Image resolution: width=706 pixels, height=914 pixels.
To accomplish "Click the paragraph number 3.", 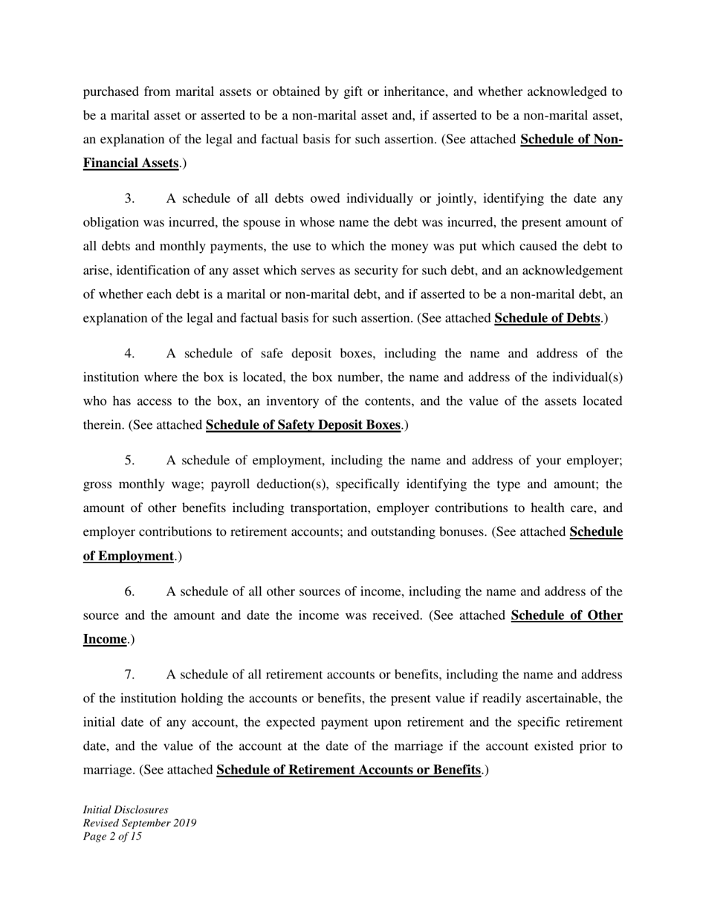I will (129, 198).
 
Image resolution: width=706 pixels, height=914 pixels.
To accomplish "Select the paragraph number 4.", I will (129, 353).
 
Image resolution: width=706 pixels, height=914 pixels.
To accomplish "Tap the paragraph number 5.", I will (129, 460).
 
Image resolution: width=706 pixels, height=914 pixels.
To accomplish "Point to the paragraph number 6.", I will (129, 591).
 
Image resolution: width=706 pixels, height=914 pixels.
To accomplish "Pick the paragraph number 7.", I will (129, 674).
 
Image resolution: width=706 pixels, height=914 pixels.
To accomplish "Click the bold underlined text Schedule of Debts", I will (547, 318).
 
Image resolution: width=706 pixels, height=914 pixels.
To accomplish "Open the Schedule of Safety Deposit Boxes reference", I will (303, 425).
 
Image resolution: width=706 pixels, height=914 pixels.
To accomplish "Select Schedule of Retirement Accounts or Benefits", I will (349, 770).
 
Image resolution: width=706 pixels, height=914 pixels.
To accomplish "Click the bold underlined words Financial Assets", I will (130, 163).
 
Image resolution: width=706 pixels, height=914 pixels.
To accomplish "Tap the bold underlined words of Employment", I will (128, 556).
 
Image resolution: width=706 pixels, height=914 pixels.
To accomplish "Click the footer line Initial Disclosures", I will (126, 809).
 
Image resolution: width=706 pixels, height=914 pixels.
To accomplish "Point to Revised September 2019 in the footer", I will (140, 823).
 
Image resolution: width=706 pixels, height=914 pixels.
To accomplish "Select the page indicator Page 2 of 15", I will (112, 836).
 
